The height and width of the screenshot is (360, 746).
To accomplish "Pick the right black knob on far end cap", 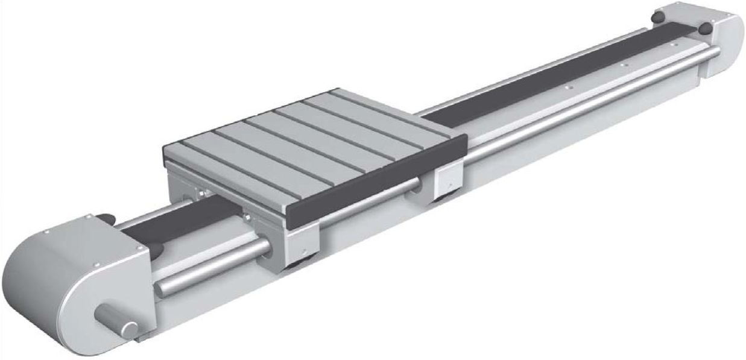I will [x=703, y=27].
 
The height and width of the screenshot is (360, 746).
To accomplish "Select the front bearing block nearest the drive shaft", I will [x=302, y=244].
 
